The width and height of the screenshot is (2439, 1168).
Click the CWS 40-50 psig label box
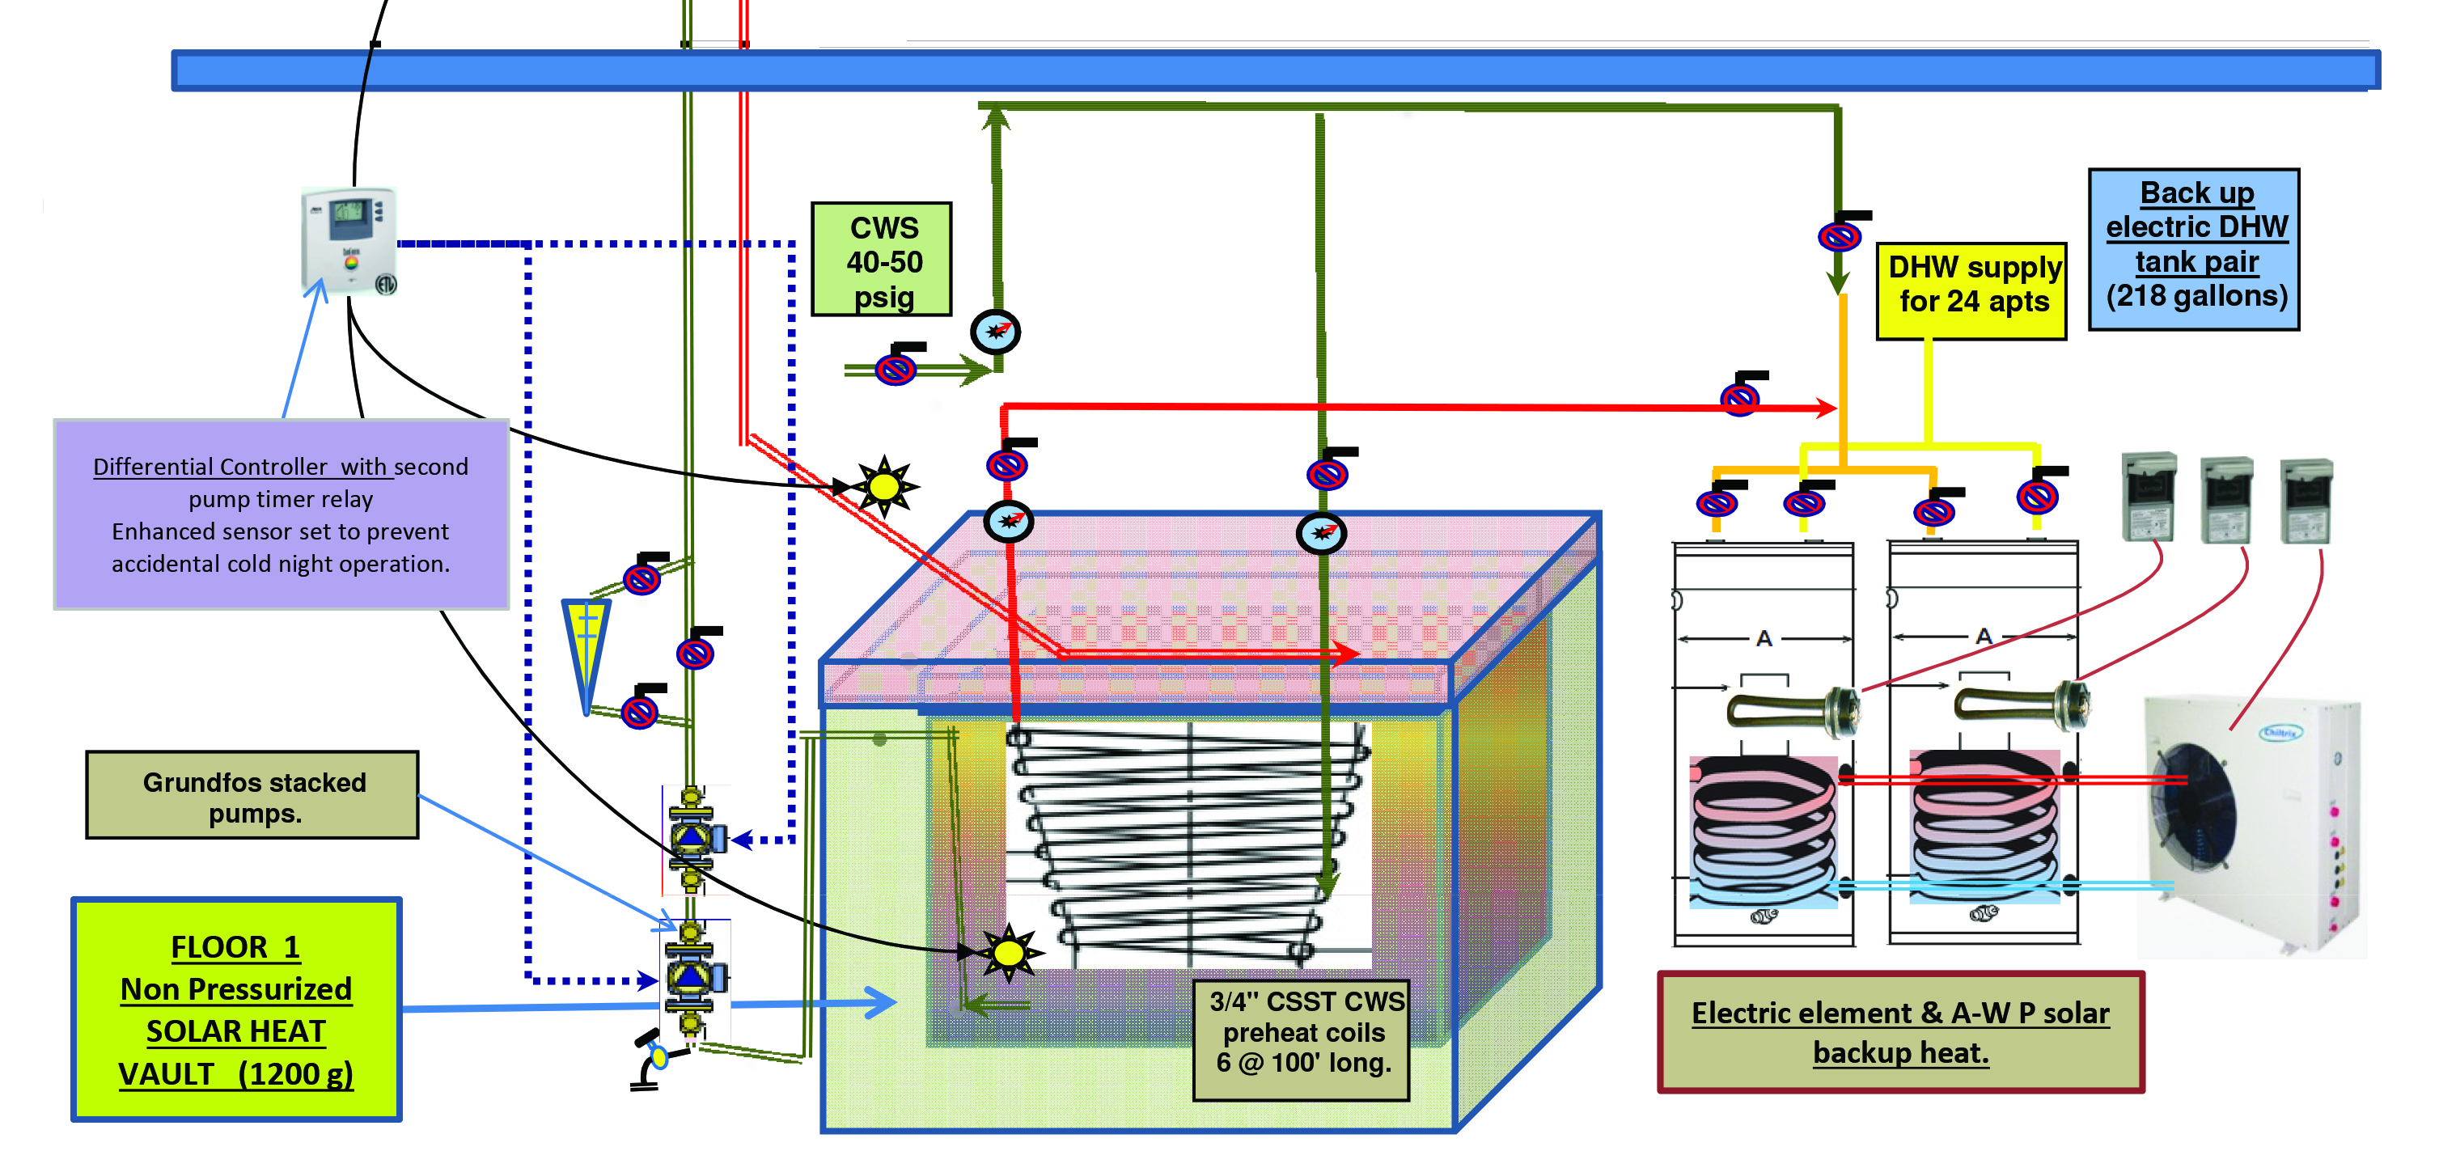click(882, 258)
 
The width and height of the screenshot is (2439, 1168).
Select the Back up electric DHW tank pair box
click(2194, 248)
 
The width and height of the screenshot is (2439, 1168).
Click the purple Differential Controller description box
click(282, 514)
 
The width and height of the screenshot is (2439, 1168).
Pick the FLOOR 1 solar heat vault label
click(235, 1009)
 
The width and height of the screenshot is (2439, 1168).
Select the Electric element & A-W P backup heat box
click(1899, 1031)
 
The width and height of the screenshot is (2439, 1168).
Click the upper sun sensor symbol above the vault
click(883, 486)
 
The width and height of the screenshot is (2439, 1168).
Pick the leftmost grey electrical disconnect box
click(2148, 496)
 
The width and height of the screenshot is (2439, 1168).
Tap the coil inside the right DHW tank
click(1984, 823)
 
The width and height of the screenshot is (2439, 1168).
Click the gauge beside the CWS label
click(995, 332)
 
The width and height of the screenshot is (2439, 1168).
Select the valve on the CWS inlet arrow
click(896, 368)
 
